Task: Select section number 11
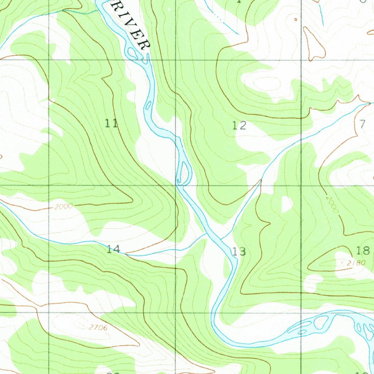tap(111, 123)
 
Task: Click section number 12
tap(239, 126)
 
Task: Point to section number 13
tap(239, 251)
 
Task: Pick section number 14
tap(114, 249)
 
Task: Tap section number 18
tap(363, 251)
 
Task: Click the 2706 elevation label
tap(98, 328)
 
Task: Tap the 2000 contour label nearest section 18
tap(333, 205)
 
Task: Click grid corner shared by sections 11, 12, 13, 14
tap(176, 186)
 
